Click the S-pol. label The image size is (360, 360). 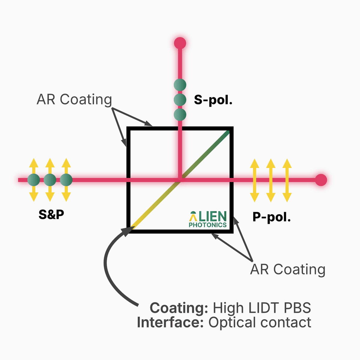213,100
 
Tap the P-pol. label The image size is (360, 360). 271,217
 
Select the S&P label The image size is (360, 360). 51,214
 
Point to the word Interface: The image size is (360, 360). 170,322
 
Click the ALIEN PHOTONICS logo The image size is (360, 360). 208,219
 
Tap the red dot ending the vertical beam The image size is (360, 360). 180,43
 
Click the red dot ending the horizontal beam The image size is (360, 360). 321,180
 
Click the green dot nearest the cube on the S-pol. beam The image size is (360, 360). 180,115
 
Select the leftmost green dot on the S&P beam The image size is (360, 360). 34,180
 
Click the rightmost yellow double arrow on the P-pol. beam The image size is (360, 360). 287,180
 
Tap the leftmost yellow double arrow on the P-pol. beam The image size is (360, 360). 254,180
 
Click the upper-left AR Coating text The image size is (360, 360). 74,100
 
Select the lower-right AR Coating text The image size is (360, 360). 288,269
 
